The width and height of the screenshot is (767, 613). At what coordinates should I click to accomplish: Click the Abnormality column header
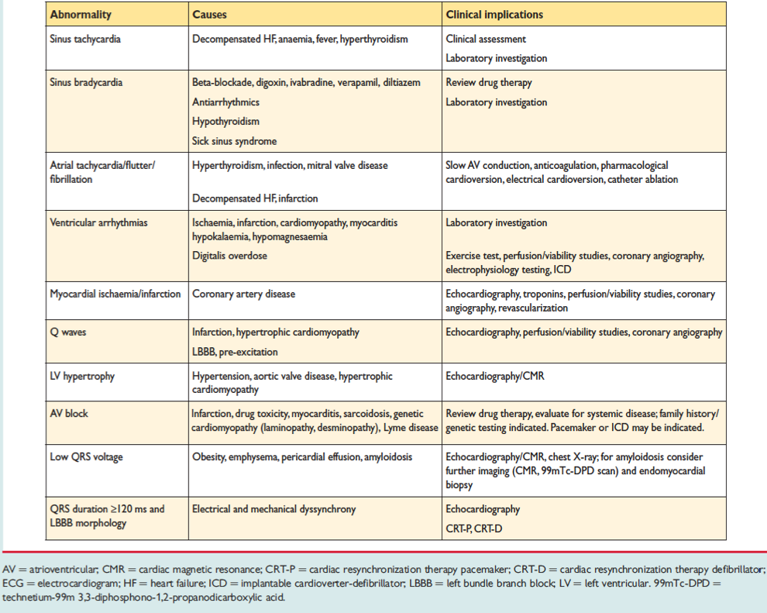pyautogui.click(x=81, y=15)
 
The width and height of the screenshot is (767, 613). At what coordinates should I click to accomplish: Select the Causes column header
pyautogui.click(x=211, y=15)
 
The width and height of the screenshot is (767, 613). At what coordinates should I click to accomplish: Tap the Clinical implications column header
pyautogui.click(x=494, y=15)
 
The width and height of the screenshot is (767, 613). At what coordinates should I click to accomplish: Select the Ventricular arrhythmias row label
pyautogui.click(x=98, y=223)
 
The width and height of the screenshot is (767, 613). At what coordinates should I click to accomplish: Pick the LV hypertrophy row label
pyautogui.click(x=82, y=377)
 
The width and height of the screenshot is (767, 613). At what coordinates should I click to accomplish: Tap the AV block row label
pyautogui.click(x=69, y=414)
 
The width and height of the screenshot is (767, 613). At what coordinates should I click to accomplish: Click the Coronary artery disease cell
pyautogui.click(x=243, y=294)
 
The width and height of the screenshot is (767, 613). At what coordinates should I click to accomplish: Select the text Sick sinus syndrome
pyautogui.click(x=235, y=141)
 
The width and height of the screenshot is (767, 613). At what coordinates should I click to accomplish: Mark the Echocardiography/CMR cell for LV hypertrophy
pyautogui.click(x=496, y=377)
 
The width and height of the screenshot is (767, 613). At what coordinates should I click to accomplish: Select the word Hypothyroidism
pyautogui.click(x=225, y=122)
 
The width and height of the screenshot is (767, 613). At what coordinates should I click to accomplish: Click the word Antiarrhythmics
pyautogui.click(x=225, y=102)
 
